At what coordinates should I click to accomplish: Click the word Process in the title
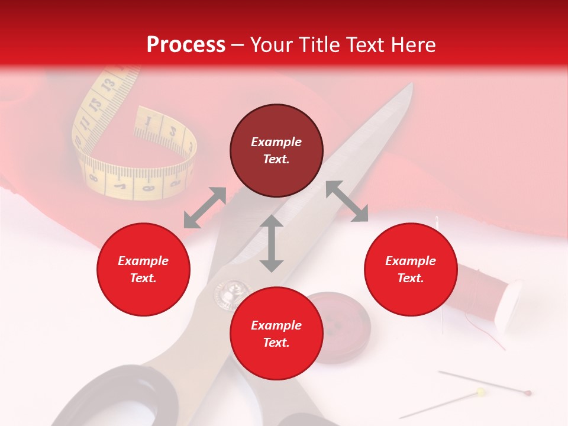tap(186, 45)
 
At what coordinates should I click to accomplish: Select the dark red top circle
tap(276, 150)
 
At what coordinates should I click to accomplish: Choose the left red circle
tap(143, 269)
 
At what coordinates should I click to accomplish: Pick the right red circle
tap(411, 269)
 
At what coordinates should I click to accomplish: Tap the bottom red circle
tap(276, 334)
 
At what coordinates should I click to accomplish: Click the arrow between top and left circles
tap(205, 207)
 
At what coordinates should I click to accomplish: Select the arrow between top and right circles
tap(347, 201)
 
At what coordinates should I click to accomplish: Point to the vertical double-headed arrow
tap(272, 243)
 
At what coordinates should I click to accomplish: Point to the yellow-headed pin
tap(481, 392)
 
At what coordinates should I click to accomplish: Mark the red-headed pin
tap(527, 392)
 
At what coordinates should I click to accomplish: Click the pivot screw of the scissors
tap(231, 291)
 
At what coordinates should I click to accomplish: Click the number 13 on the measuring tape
tap(108, 86)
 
